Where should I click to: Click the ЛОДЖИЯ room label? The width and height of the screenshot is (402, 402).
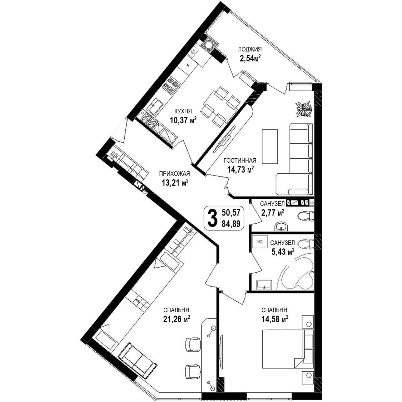(250, 49)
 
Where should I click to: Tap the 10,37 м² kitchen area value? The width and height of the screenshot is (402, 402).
(183, 120)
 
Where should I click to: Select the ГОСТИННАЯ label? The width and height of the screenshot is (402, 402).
(240, 160)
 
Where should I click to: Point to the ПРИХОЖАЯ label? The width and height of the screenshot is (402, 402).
(175, 174)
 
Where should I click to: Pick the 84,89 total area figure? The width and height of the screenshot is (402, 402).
(231, 224)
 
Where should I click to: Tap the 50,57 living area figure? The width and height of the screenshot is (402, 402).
(231, 213)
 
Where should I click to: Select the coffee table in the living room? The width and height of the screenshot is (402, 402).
(270, 147)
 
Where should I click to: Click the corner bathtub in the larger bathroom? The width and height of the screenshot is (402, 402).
(297, 274)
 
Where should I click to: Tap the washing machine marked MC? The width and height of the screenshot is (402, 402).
(259, 242)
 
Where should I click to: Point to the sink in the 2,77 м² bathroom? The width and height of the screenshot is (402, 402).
(282, 227)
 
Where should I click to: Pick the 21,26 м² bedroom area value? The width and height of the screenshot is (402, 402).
(177, 319)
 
